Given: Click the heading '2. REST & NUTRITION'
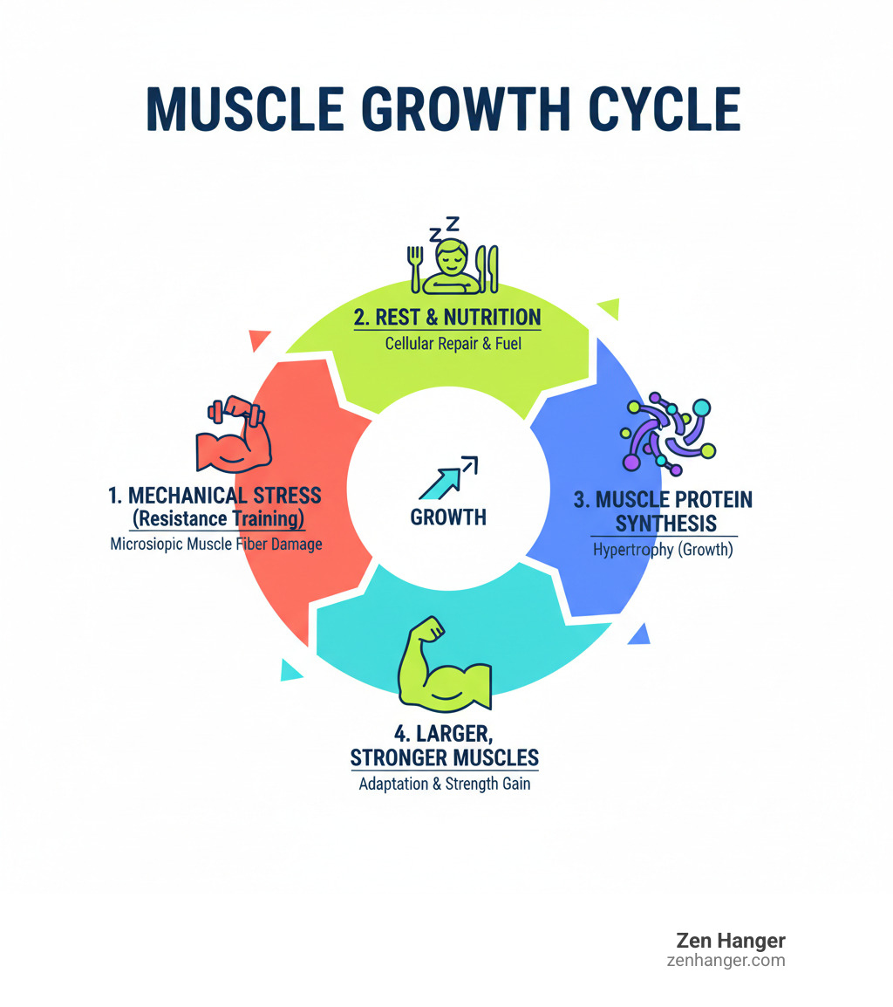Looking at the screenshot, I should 447,317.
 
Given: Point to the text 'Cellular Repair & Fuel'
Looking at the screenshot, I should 453,343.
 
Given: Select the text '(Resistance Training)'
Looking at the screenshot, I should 217,520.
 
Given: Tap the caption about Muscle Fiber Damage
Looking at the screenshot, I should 216,545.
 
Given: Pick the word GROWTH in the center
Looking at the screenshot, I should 448,517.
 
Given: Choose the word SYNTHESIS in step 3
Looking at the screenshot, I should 665,524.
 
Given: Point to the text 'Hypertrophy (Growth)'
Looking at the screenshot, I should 663,551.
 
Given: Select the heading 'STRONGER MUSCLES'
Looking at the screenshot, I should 445,756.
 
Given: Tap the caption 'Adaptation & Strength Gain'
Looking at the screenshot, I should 445,784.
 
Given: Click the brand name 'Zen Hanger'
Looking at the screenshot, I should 731,941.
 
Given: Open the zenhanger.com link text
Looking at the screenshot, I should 724,961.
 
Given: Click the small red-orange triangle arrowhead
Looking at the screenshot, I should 259,340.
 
